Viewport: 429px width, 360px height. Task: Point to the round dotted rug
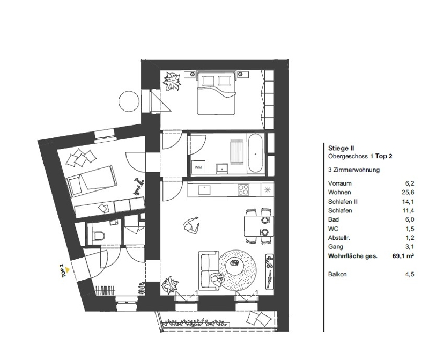coord(239,268)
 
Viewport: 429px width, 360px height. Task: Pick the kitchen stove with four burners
coord(243,189)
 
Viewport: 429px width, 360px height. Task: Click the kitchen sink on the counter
coord(204,189)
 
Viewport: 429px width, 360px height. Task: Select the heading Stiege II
coord(341,148)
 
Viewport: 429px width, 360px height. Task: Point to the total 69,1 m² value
coord(403,256)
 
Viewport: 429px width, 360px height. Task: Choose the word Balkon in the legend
coord(336,274)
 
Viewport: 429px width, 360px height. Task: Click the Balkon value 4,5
coord(410,274)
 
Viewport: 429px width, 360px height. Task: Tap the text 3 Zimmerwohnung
coord(353,170)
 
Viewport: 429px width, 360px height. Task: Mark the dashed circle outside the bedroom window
coord(129,100)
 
